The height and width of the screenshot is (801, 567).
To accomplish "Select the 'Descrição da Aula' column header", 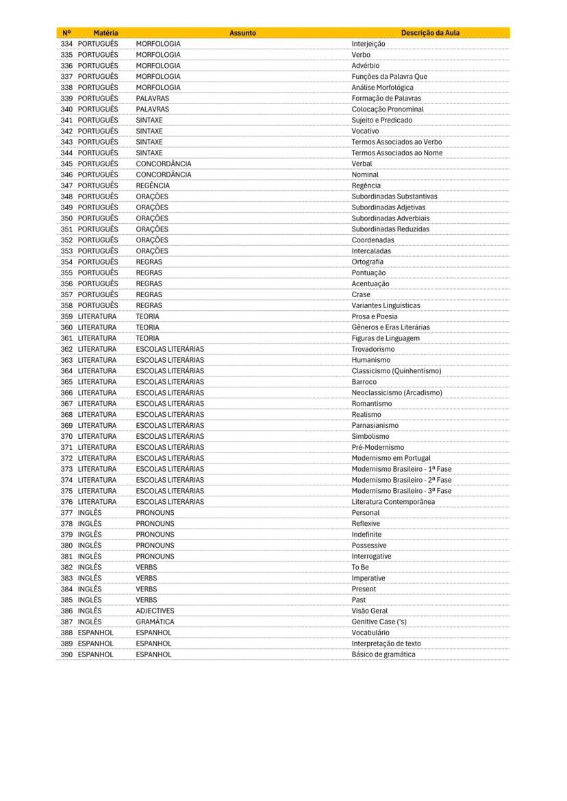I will (430, 32).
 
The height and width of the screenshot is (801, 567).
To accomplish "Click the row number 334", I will (66, 44).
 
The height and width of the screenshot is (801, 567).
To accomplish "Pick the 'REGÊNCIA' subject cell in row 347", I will (153, 186).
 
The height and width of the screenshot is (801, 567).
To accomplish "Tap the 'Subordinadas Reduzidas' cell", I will (390, 229).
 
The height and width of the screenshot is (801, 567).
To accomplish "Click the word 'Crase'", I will (361, 294).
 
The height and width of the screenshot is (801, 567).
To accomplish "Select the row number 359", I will (66, 316).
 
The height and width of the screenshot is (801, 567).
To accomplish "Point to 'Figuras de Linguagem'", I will (386, 338).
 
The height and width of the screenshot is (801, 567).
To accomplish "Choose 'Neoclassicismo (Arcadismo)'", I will (396, 392).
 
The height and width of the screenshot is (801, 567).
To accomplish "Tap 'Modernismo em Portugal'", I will (391, 458).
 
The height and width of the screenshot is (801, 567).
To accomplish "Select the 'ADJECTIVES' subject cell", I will (155, 611).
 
